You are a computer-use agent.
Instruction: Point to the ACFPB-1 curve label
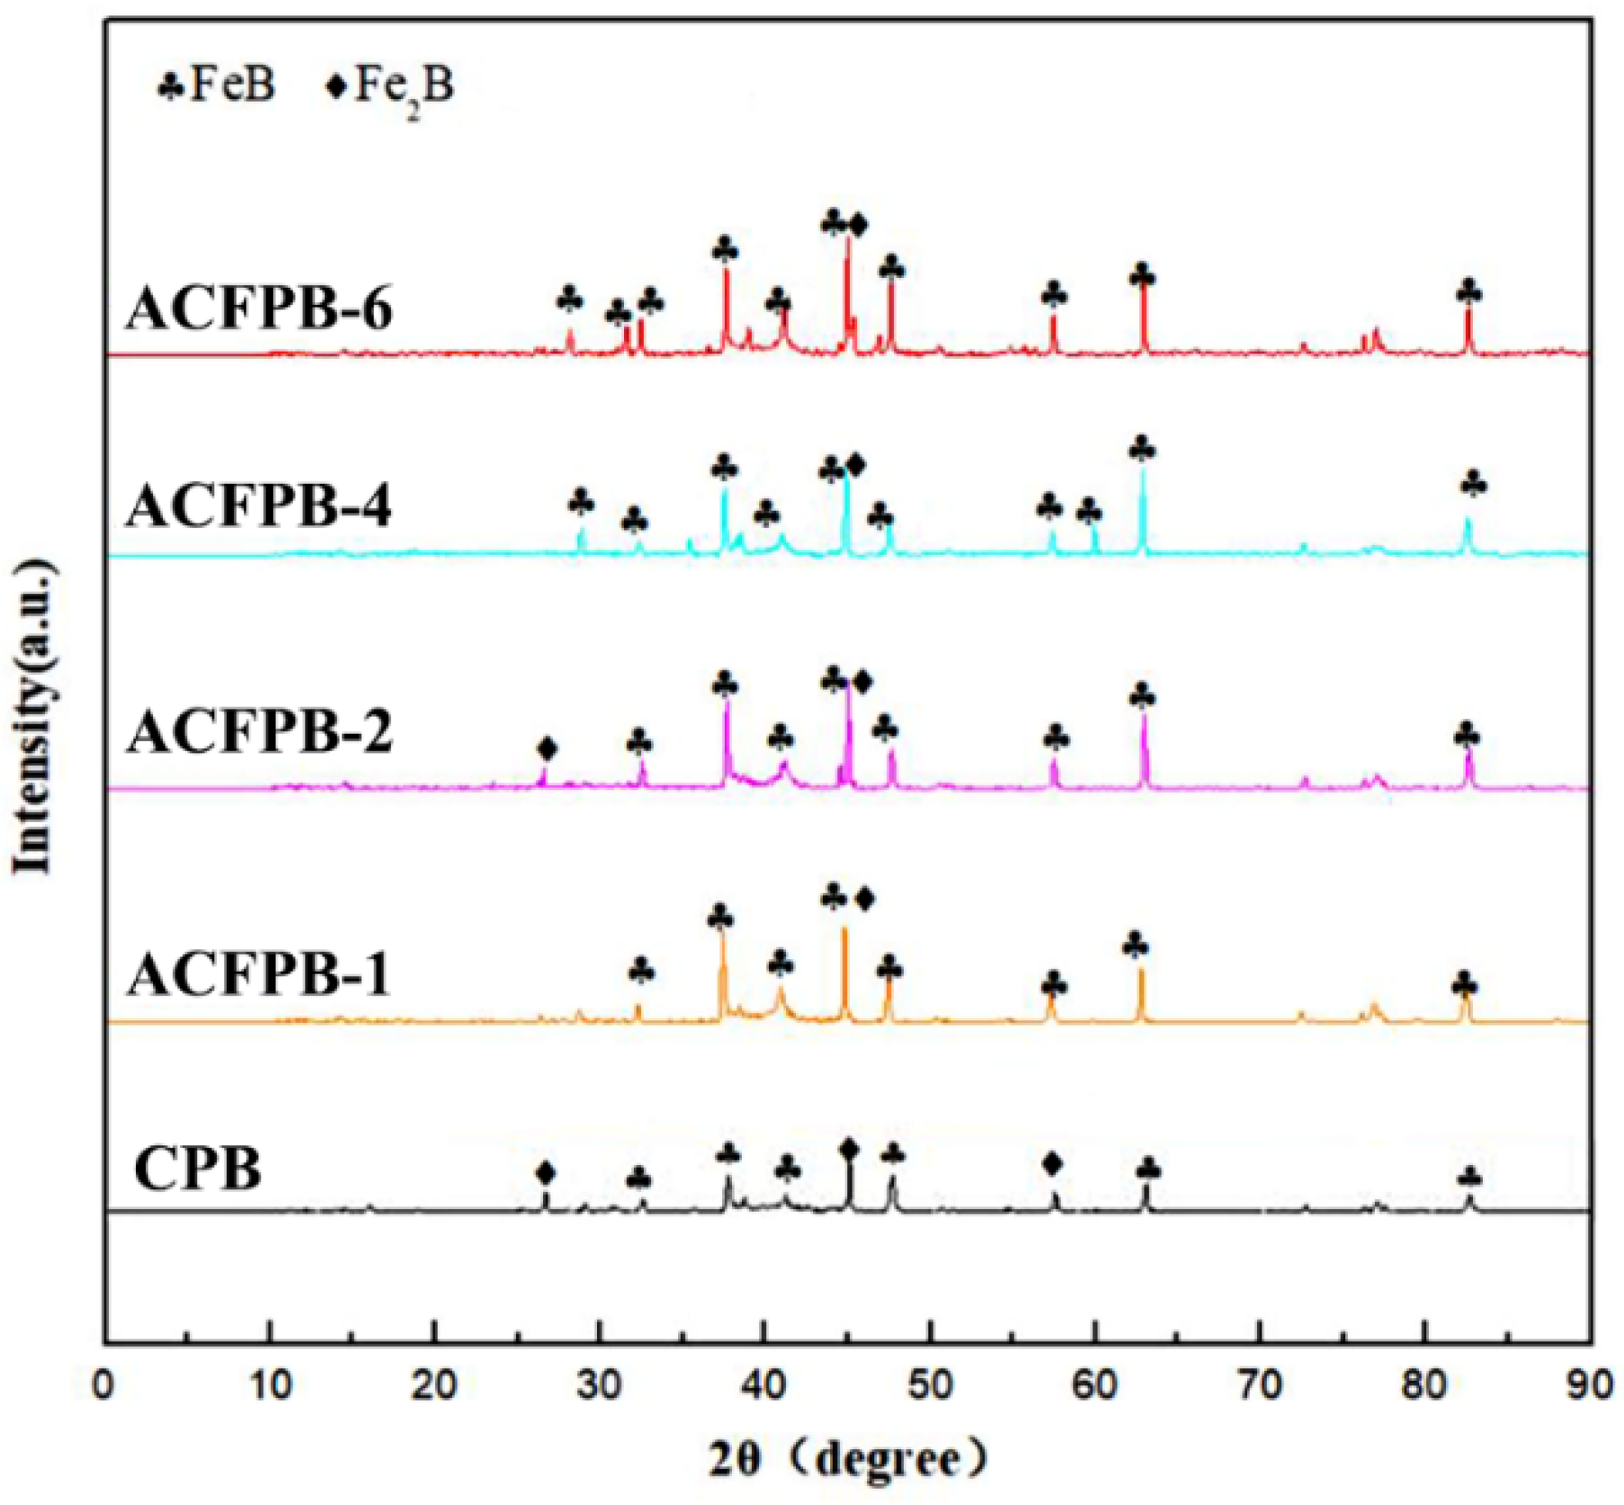point(259,974)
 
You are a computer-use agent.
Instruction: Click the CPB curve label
point(198,1169)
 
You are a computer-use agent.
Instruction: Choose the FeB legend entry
point(216,85)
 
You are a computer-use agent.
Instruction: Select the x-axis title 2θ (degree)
point(845,1458)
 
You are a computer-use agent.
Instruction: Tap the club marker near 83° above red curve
point(1468,292)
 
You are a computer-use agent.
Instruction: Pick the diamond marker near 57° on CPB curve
point(1053,1164)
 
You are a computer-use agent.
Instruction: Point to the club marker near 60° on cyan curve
point(1089,512)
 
